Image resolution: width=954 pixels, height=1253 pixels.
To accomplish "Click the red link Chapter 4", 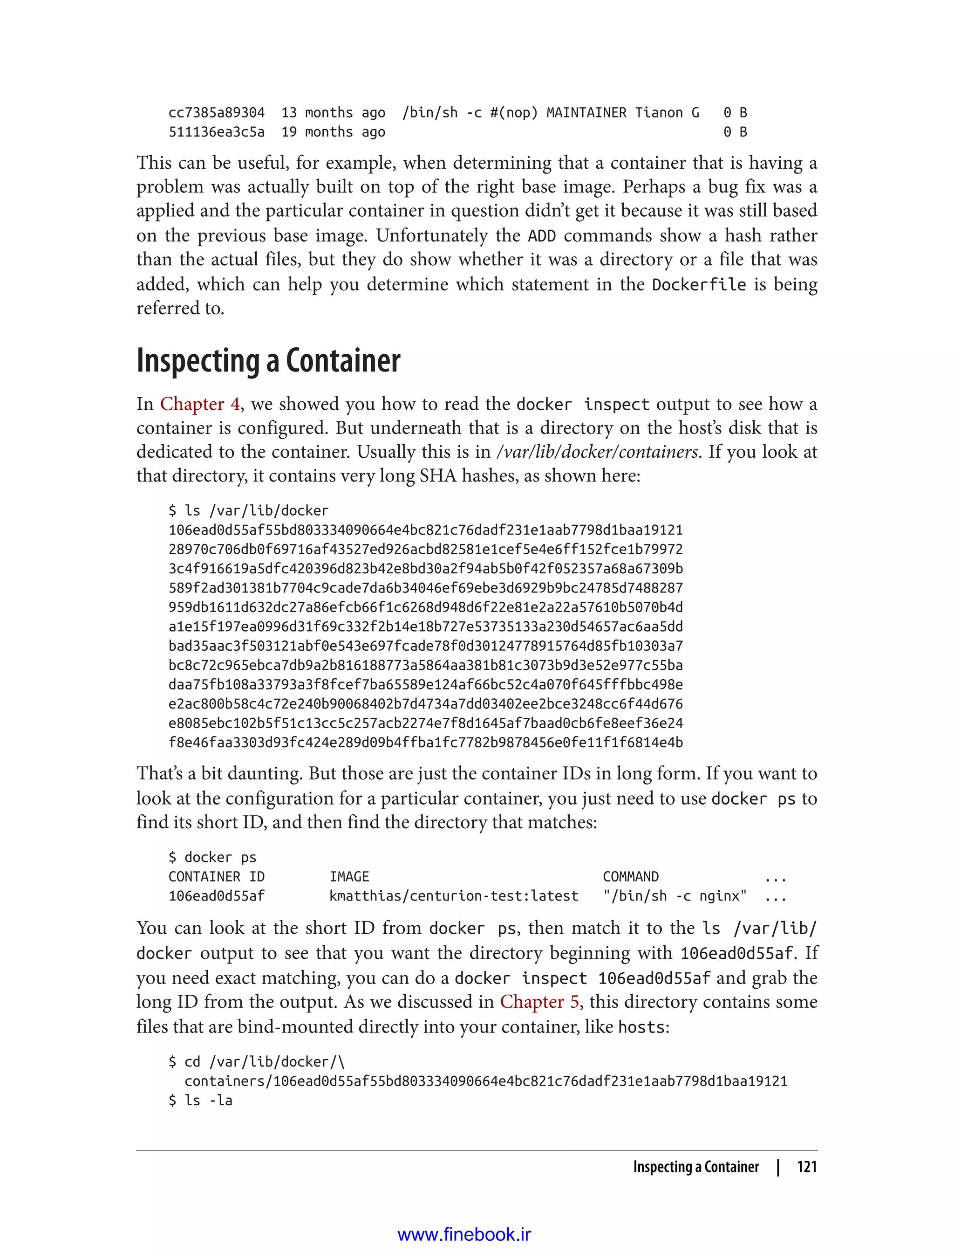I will click(200, 404).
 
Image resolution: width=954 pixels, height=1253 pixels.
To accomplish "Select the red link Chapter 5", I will click(539, 1002).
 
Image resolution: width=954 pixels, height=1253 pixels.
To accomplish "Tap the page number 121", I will click(806, 1167).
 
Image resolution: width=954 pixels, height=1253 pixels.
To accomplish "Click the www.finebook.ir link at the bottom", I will click(464, 1235).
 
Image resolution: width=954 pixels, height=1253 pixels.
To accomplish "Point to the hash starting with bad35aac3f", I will click(425, 646).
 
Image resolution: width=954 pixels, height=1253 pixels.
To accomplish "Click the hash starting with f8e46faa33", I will click(425, 743).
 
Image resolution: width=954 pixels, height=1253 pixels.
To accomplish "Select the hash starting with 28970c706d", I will click(425, 550).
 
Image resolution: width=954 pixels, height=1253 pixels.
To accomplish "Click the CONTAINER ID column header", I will click(216, 877).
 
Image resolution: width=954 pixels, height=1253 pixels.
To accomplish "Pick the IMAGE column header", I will click(349, 877).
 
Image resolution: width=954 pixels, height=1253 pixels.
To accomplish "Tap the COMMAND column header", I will click(630, 877).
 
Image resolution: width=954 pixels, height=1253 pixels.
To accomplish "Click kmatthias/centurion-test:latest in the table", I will click(453, 896).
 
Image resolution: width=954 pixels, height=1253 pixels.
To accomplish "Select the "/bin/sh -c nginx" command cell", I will click(675, 896).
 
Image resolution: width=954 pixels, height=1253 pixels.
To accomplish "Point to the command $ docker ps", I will click(212, 858).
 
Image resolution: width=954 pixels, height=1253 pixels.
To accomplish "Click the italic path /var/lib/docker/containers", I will click(597, 452).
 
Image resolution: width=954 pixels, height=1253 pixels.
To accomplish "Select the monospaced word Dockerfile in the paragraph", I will click(698, 284).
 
